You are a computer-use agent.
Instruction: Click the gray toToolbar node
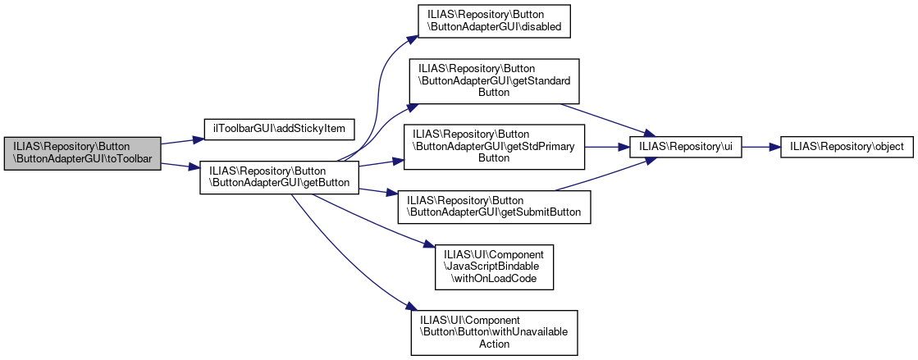tap(82, 153)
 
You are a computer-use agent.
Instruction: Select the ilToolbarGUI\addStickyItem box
tap(279, 129)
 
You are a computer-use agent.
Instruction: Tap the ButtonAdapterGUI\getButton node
tap(280, 176)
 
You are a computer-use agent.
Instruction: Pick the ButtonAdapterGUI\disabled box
tap(495, 20)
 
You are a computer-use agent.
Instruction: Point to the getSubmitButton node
tap(494, 206)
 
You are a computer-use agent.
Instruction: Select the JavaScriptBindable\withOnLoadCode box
tap(495, 267)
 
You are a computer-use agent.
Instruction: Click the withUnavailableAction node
tap(494, 332)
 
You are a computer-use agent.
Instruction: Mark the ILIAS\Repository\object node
tap(845, 147)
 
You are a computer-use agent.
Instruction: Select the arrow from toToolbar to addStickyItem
tap(181, 140)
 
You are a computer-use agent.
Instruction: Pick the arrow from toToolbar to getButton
tap(180, 166)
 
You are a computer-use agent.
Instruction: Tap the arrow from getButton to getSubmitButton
tap(377, 193)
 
